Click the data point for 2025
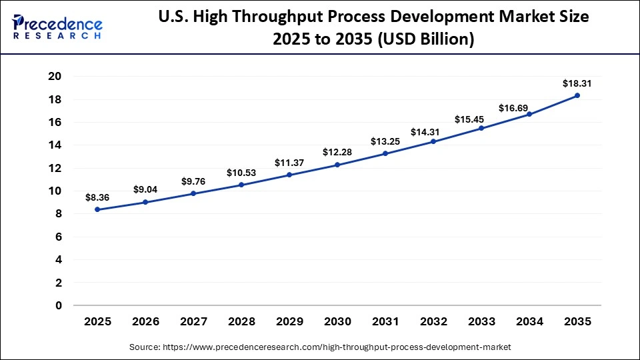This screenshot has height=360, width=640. [x=97, y=209]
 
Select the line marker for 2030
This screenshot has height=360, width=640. [x=337, y=165]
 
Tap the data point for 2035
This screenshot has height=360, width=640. [x=577, y=95]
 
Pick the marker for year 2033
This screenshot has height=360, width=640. [x=481, y=128]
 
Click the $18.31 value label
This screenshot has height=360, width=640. [x=577, y=83]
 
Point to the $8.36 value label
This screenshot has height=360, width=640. [x=97, y=197]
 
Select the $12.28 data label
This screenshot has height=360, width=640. [x=337, y=153]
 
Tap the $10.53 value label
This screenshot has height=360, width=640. [x=241, y=173]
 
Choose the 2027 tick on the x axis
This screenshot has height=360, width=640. [x=193, y=321]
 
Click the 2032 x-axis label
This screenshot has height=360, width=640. [x=433, y=321]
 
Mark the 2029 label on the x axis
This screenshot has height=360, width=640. [x=289, y=321]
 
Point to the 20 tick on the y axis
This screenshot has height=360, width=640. [x=55, y=77]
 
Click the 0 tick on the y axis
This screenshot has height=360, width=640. [x=59, y=305]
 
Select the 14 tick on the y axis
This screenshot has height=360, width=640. [x=55, y=145]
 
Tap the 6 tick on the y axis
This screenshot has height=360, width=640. [x=59, y=237]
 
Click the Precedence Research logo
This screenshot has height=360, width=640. [x=57, y=26]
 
